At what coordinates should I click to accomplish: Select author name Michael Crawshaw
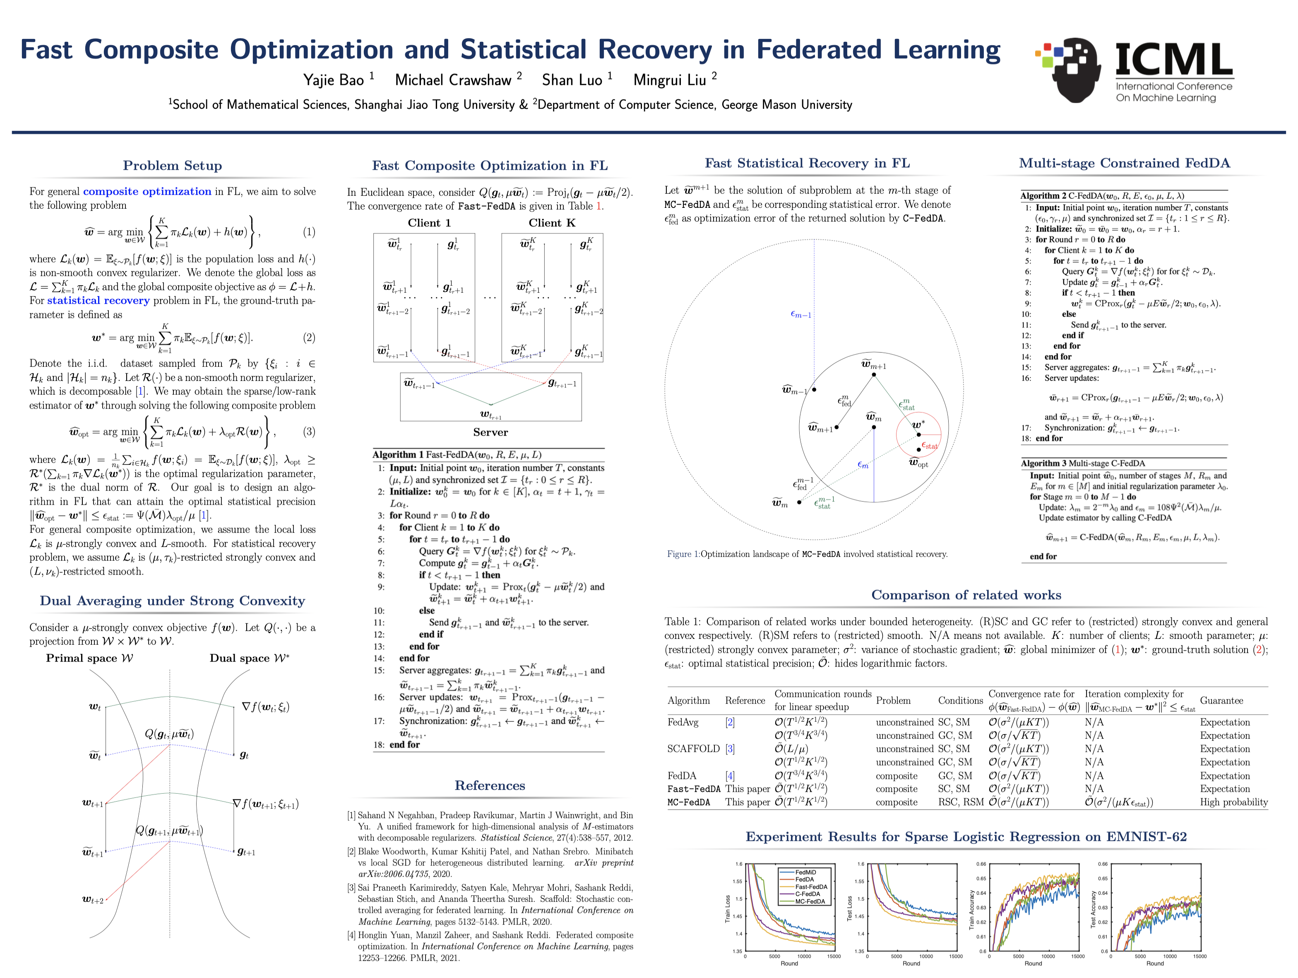(x=452, y=80)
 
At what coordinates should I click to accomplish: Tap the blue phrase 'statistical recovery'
(x=98, y=301)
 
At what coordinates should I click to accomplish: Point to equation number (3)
(x=309, y=432)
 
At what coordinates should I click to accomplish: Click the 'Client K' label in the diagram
(x=552, y=223)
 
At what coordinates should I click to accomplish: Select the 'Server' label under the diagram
(x=490, y=432)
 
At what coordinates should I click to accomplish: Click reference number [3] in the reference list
(x=351, y=888)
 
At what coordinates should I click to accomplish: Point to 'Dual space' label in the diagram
(x=250, y=658)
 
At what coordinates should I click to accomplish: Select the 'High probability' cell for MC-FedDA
(x=1233, y=802)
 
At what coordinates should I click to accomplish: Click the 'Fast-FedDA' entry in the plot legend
(x=811, y=887)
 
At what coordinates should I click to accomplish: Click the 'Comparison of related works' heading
(x=966, y=595)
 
